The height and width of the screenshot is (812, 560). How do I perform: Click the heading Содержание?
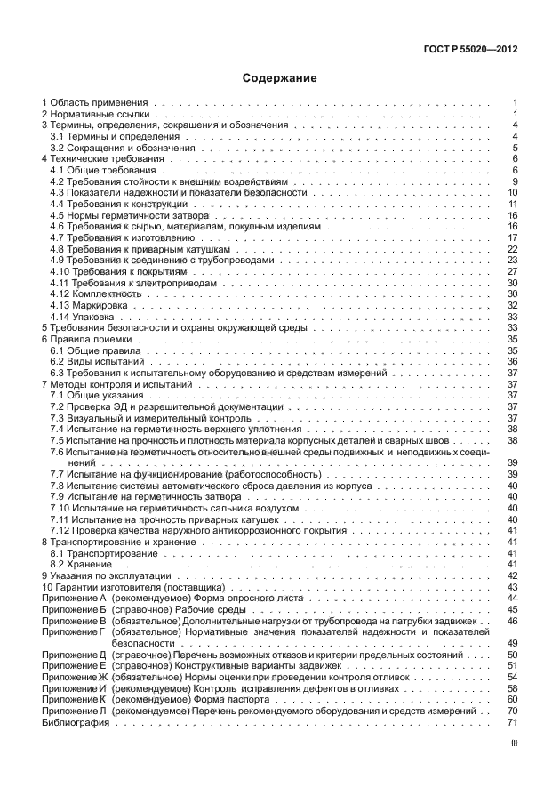(279, 78)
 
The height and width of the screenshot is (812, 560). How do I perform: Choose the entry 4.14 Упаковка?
(83, 317)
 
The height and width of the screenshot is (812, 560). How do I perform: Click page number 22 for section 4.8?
(512, 249)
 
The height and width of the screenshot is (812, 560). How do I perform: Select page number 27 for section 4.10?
(512, 271)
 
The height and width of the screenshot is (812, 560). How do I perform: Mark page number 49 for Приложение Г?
(512, 642)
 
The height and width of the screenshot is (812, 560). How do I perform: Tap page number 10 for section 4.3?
(512, 193)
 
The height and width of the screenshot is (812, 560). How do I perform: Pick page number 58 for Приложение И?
(512, 688)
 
